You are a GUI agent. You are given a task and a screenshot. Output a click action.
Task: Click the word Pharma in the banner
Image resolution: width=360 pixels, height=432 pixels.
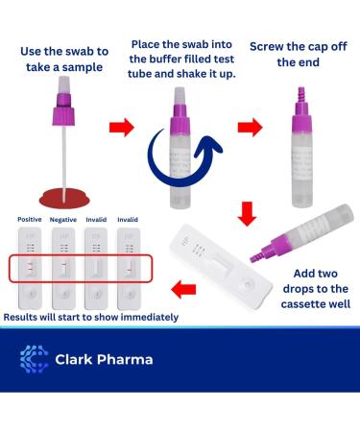(126, 361)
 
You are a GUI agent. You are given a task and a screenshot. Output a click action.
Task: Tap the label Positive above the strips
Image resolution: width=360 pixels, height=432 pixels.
(29, 219)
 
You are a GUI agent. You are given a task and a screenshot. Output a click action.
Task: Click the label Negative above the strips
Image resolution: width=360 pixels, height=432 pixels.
(62, 219)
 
